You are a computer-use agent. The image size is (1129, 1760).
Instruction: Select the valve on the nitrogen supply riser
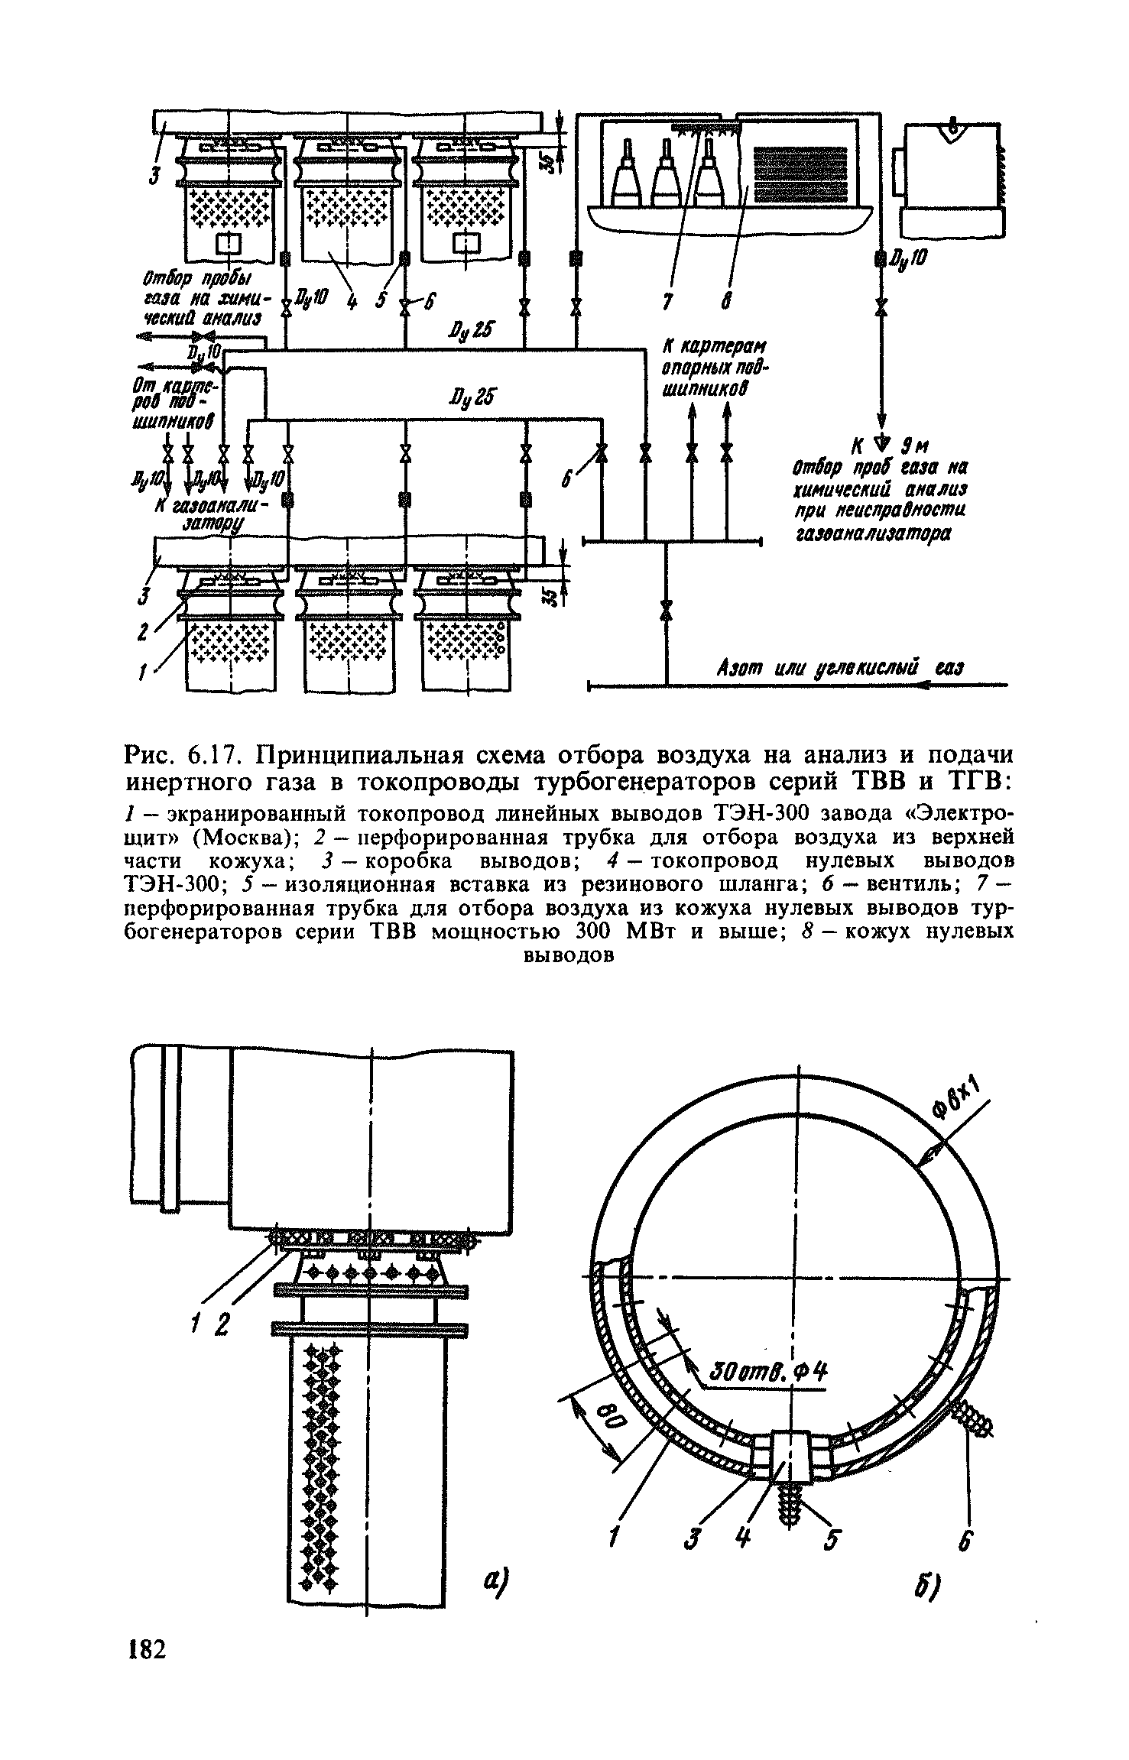(667, 610)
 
